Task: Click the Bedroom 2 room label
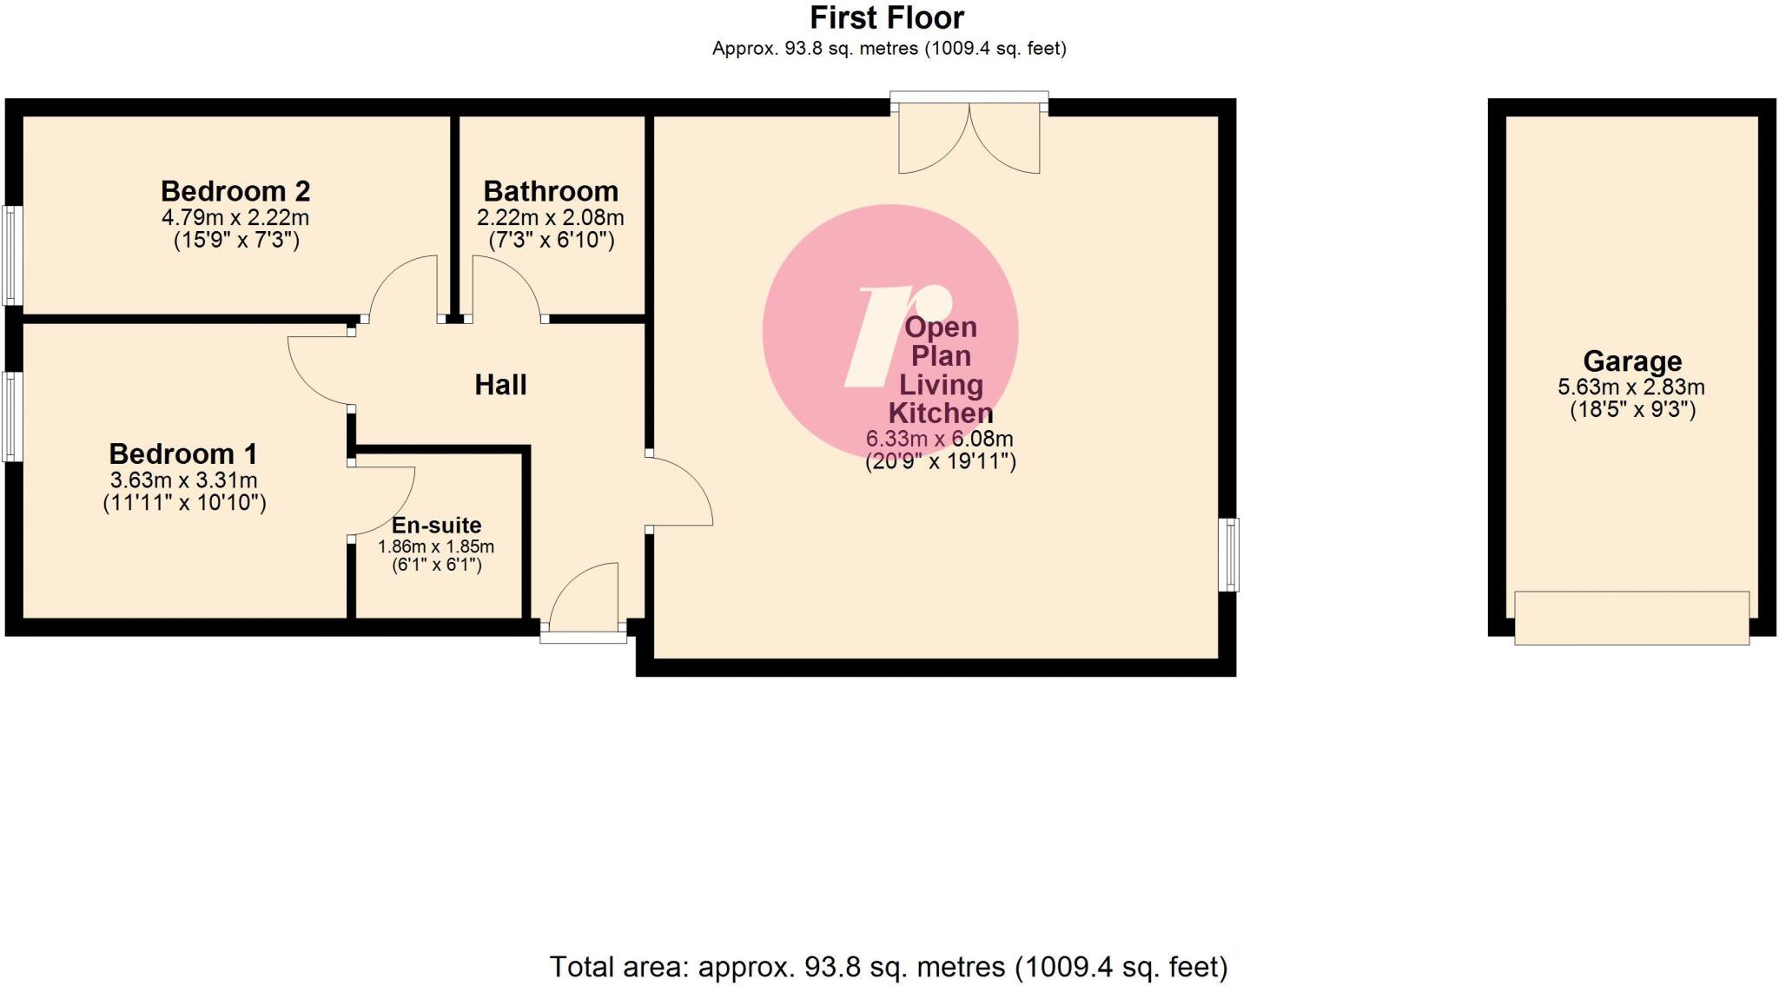pos(235,191)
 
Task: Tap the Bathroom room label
pos(551,191)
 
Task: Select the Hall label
pos(500,385)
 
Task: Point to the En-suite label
pos(436,526)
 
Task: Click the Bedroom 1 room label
pos(183,453)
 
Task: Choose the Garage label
pos(1632,361)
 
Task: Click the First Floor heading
pos(887,17)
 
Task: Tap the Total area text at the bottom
pos(888,966)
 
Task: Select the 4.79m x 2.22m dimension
pos(235,217)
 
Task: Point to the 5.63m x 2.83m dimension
pos(1631,387)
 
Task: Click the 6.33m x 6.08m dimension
pos(940,440)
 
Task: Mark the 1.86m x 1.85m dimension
pos(436,547)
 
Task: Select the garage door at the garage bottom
pos(1631,618)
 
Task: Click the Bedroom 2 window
pos(12,255)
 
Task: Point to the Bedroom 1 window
pos(11,416)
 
